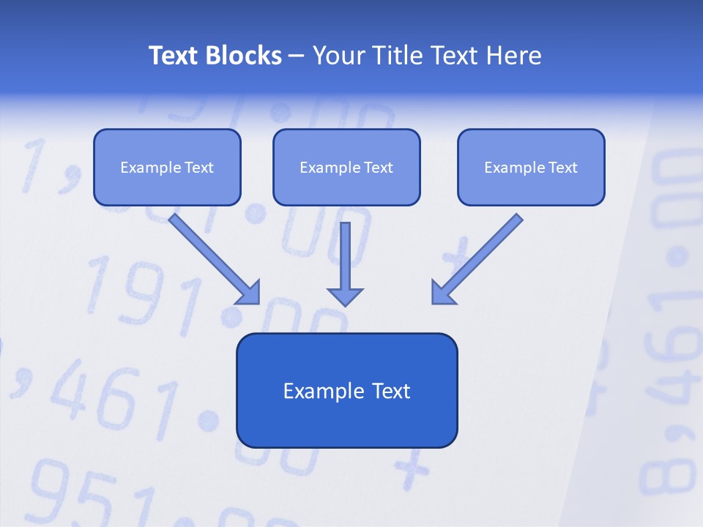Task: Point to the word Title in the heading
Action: pyautogui.click(x=400, y=56)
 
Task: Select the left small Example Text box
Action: pyautogui.click(x=167, y=167)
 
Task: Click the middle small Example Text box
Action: pyautogui.click(x=346, y=167)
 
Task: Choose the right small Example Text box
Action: pyautogui.click(x=531, y=167)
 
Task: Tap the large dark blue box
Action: pyautogui.click(x=346, y=390)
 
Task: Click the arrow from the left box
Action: pyautogui.click(x=212, y=256)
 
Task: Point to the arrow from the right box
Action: pyautogui.click(x=480, y=256)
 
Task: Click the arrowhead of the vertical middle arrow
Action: pyautogui.click(x=345, y=296)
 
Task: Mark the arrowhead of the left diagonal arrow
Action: pyautogui.click(x=249, y=293)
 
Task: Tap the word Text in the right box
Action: pyautogui.click(x=563, y=168)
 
